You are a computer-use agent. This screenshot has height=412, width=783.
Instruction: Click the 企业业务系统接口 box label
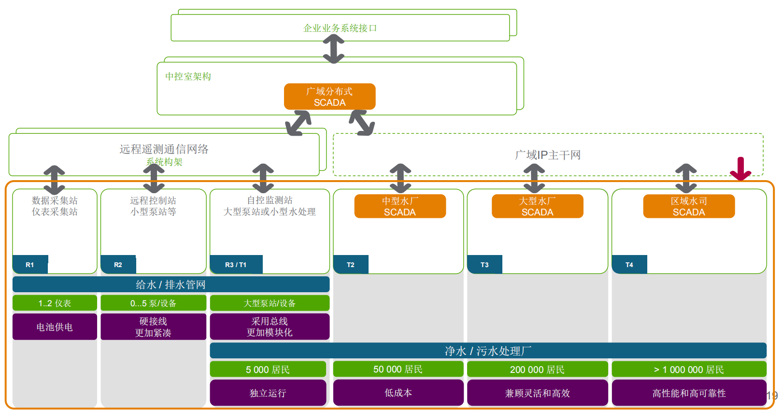tap(340, 28)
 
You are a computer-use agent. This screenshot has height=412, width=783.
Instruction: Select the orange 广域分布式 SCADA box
tap(329, 97)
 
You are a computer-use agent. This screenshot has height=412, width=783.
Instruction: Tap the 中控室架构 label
tap(188, 76)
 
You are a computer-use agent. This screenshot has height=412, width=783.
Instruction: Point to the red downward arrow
tap(740, 169)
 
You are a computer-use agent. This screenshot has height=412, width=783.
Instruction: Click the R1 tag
tap(30, 265)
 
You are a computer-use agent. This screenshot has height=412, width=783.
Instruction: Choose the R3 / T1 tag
tap(236, 265)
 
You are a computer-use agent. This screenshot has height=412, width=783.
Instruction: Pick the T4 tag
tap(629, 265)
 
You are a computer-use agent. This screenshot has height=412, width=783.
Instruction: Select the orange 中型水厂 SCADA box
tap(400, 206)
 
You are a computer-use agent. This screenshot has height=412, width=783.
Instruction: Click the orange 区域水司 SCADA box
tap(689, 206)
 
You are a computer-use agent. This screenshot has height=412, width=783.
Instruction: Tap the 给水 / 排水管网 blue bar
tap(171, 284)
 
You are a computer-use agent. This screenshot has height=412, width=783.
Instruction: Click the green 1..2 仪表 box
tap(55, 303)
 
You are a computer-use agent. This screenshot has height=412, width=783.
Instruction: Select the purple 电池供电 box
tap(55, 327)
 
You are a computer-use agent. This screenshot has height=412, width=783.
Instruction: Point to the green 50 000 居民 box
tap(398, 369)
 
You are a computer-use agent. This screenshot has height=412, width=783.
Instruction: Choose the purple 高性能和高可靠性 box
tap(689, 393)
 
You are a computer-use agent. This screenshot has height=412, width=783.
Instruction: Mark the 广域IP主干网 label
tap(548, 155)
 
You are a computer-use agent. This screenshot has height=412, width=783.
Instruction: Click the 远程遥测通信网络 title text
tap(164, 149)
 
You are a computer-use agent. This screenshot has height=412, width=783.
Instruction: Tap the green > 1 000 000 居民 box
tap(689, 369)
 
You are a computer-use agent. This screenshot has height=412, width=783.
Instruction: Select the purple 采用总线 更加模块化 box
tap(270, 327)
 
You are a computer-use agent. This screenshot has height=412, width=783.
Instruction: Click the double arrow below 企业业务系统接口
tap(334, 49)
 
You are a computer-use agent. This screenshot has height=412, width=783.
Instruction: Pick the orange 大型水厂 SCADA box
tap(537, 206)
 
